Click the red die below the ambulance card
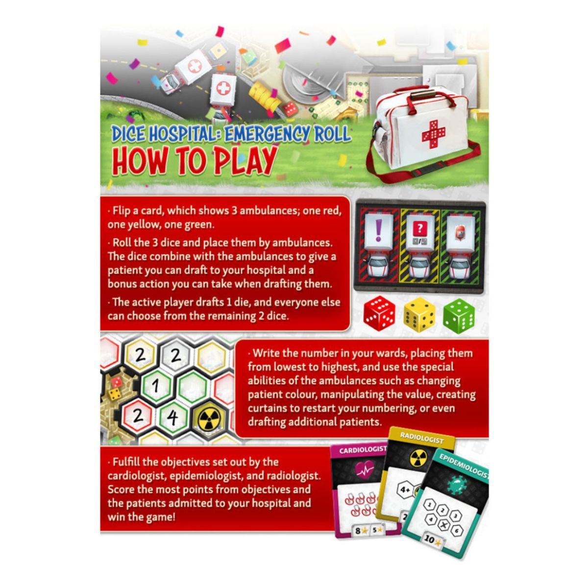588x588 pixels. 379,313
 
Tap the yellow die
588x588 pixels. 419,314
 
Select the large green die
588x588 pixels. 459,315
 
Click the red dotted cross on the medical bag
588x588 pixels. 433,135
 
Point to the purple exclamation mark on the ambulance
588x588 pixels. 379,230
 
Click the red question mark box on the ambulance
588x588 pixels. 419,228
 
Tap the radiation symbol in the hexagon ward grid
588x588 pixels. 208,419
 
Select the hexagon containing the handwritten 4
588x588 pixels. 173,417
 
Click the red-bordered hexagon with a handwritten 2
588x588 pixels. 138,416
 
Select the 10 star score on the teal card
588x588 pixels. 433,539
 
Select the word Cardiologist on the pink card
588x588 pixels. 363,450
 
